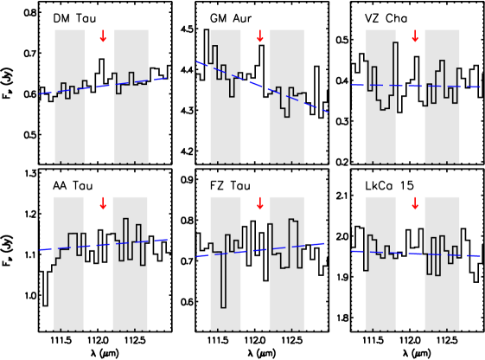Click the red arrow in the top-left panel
click(103, 36)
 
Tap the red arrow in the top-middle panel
click(260, 36)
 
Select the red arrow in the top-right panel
click(415, 36)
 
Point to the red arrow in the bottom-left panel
click(103, 203)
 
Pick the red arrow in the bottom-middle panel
click(260, 203)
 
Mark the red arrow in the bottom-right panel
click(415, 203)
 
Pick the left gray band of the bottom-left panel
click(68, 294)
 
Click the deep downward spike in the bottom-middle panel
click(223, 294)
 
